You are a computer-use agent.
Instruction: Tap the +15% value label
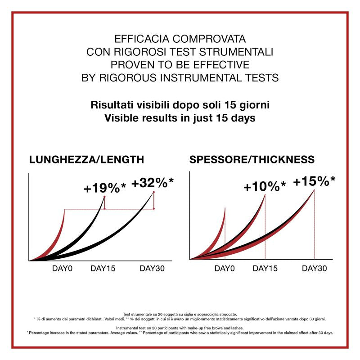[314, 181]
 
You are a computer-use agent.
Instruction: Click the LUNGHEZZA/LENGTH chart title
[86, 159]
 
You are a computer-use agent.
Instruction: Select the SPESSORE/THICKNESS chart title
[252, 159]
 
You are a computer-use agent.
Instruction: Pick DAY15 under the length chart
[103, 269]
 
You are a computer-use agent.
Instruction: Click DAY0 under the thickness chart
[225, 269]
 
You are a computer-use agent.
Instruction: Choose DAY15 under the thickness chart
[265, 269]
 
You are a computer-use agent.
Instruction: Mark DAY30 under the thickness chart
[314, 269]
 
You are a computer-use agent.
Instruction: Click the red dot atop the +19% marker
[104, 197]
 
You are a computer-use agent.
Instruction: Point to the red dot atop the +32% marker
[154, 192]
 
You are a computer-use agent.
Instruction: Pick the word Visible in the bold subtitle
[119, 119]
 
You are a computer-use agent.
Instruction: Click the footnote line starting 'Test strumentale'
[180, 314]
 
